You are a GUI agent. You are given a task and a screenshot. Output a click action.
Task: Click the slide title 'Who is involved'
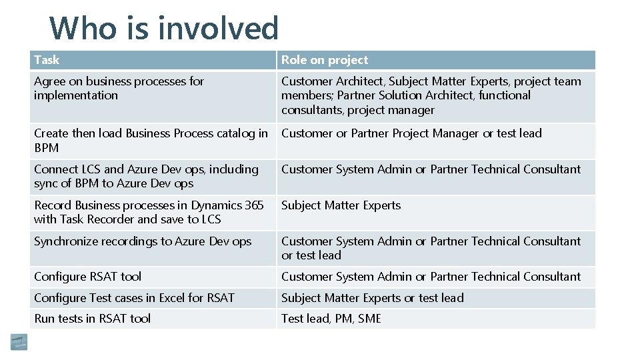pos(164,28)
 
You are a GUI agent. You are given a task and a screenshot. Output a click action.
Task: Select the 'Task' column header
pos(47,60)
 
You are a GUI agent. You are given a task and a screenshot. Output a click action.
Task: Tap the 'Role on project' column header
pos(325,60)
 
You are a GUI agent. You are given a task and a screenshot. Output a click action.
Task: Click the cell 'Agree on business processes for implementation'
pos(119,88)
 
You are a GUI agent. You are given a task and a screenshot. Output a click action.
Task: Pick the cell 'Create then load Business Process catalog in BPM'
pos(151,140)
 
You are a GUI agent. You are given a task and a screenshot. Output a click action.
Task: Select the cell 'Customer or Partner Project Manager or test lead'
pos(411,133)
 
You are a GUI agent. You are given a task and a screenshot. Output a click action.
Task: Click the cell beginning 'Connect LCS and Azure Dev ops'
pos(146,176)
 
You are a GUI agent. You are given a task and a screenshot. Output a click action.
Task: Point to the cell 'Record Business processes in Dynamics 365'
pos(149,212)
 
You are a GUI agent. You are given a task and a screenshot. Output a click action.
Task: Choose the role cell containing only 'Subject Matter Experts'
pos(341,205)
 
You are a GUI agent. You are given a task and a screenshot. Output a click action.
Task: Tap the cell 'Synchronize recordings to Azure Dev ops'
pos(143,241)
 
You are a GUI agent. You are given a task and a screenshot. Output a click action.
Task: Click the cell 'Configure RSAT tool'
pos(88,277)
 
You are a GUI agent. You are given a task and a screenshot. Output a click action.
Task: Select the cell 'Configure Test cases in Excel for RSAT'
pos(134,298)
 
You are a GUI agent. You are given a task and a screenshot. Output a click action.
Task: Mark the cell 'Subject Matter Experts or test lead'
pos(372,298)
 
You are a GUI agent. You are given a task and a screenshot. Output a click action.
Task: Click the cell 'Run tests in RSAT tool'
pos(93,319)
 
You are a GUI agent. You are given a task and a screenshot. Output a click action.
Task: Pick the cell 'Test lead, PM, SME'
pos(331,319)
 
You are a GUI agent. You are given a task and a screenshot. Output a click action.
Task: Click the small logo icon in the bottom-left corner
pos(19,342)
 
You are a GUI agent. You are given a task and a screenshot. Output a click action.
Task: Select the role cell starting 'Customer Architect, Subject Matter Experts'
pos(431,95)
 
